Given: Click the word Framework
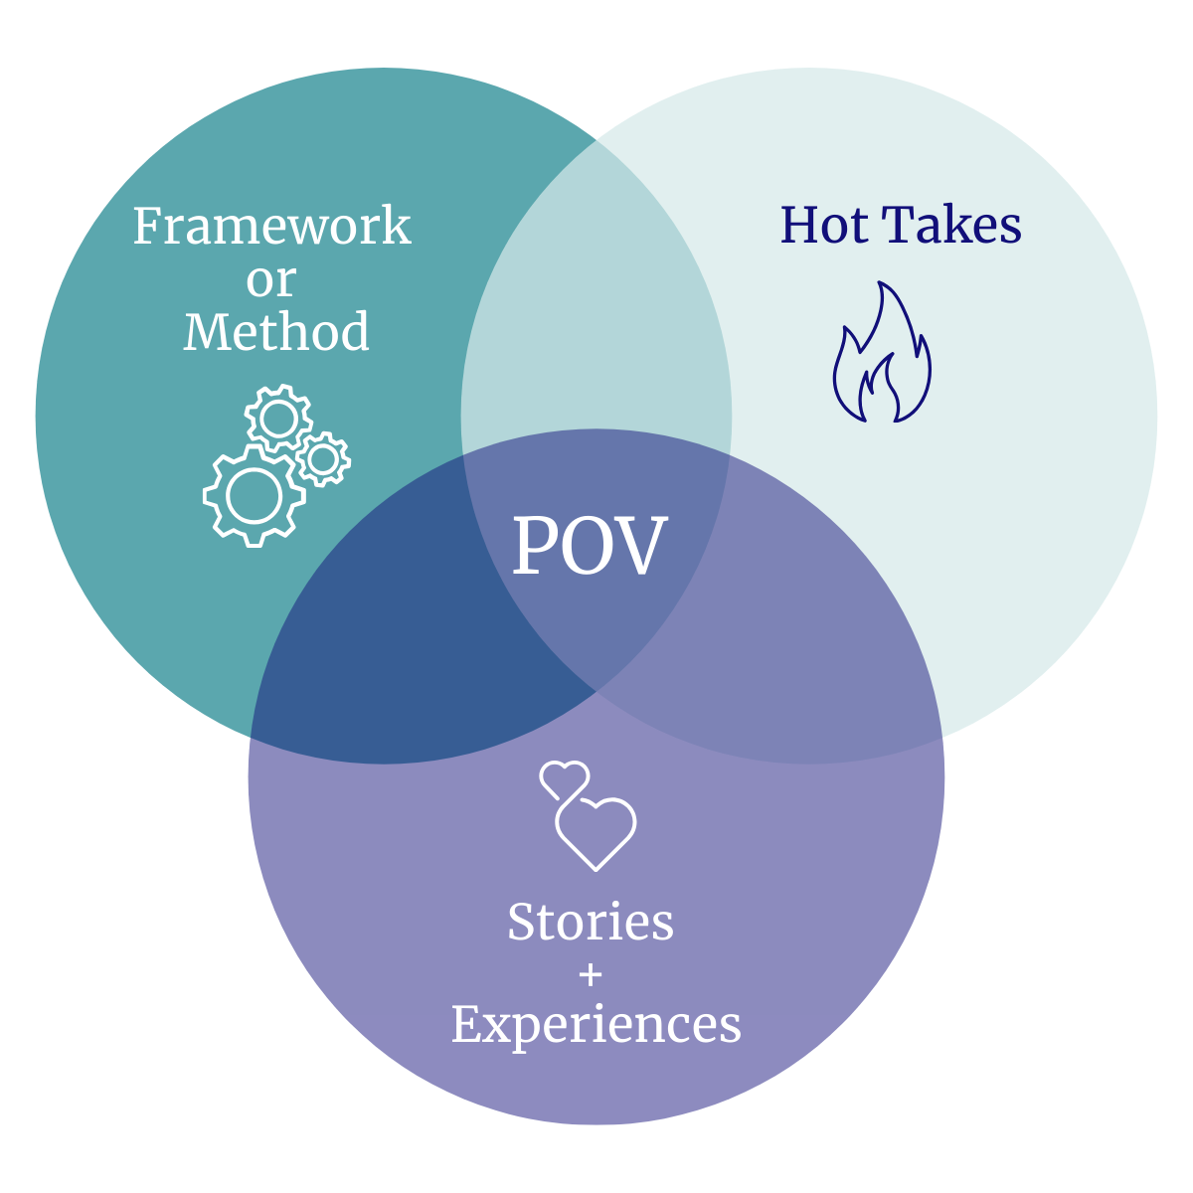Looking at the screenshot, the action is tap(271, 227).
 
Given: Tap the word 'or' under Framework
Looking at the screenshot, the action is tap(271, 280).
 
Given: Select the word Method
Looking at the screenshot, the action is tap(276, 332).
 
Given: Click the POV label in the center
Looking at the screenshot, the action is tap(590, 546).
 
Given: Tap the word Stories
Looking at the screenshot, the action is tap(591, 922).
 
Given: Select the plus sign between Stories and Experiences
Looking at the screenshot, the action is tap(591, 975).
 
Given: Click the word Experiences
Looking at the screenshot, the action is tap(596, 1025).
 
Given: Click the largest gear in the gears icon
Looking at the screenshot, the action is tap(254, 495).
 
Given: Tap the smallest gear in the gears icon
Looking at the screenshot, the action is tap(322, 458).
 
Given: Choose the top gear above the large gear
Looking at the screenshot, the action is tap(278, 419).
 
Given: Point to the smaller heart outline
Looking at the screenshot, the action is tap(564, 779).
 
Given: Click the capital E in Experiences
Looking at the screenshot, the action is tap(468, 1023).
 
